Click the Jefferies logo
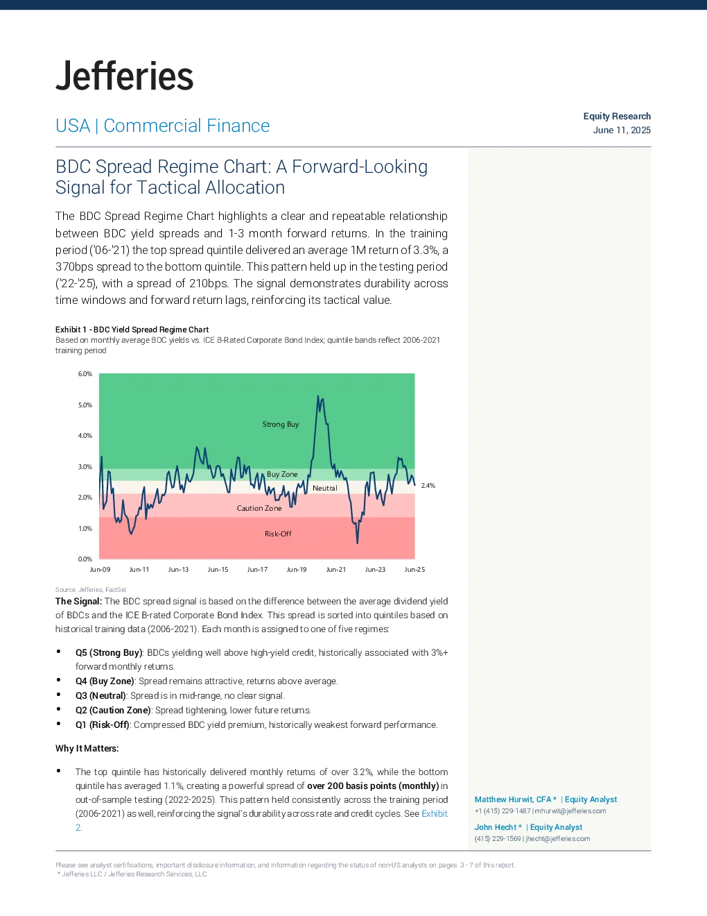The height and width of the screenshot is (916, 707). coord(124,76)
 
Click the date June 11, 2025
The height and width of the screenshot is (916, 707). coord(622,130)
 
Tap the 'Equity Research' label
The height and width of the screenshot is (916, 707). coord(617,116)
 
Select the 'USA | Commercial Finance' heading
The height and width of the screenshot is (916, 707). coord(162,126)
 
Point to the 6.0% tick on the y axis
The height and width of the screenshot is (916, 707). coord(85,374)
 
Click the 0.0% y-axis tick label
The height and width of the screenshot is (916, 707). coord(85,559)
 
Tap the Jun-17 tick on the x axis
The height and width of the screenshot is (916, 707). coord(257,570)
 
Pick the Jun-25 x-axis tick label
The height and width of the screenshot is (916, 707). coord(414,570)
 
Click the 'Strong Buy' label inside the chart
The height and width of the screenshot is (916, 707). coord(281,424)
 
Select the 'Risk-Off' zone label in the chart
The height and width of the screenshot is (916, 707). coord(278,534)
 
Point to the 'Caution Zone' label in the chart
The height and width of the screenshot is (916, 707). coord(259,508)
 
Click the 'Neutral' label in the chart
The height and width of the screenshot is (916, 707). coord(324,488)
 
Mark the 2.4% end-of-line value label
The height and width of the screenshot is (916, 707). coord(428,486)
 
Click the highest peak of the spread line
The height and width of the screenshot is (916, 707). coord(318,396)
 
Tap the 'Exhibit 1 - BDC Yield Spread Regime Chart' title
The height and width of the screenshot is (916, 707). coord(132,329)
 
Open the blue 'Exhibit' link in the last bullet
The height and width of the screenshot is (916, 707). coord(435,813)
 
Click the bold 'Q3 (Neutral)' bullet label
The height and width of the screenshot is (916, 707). coord(101,695)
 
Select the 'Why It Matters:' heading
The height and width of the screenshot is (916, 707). coord(87,748)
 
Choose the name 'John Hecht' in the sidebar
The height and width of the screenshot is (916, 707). coord(496,827)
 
